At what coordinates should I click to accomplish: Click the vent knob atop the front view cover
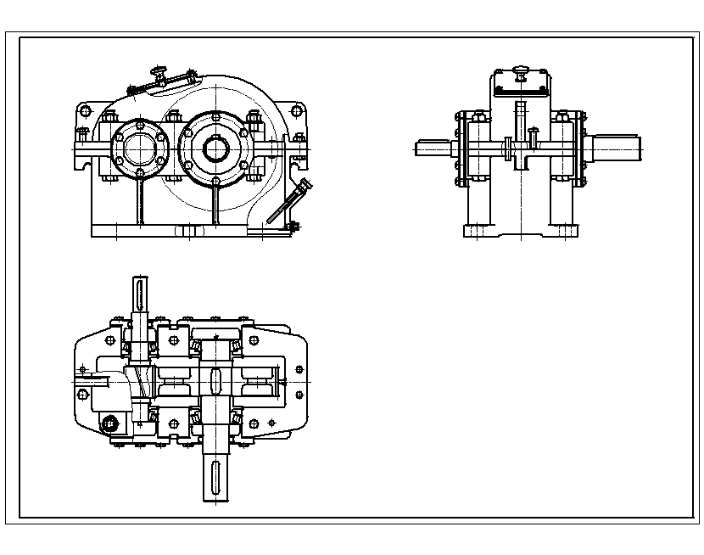[157, 71]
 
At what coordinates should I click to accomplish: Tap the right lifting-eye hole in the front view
[296, 110]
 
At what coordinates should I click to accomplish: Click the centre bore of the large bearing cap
[214, 147]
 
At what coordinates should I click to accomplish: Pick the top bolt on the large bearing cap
[215, 116]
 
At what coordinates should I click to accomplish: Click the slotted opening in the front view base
[189, 230]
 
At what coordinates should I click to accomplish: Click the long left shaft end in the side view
[436, 149]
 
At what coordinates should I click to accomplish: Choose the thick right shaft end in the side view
[616, 149]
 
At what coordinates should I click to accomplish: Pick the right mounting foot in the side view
[563, 230]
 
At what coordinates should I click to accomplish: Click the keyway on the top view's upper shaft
[139, 296]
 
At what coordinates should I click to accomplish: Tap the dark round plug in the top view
[109, 423]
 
